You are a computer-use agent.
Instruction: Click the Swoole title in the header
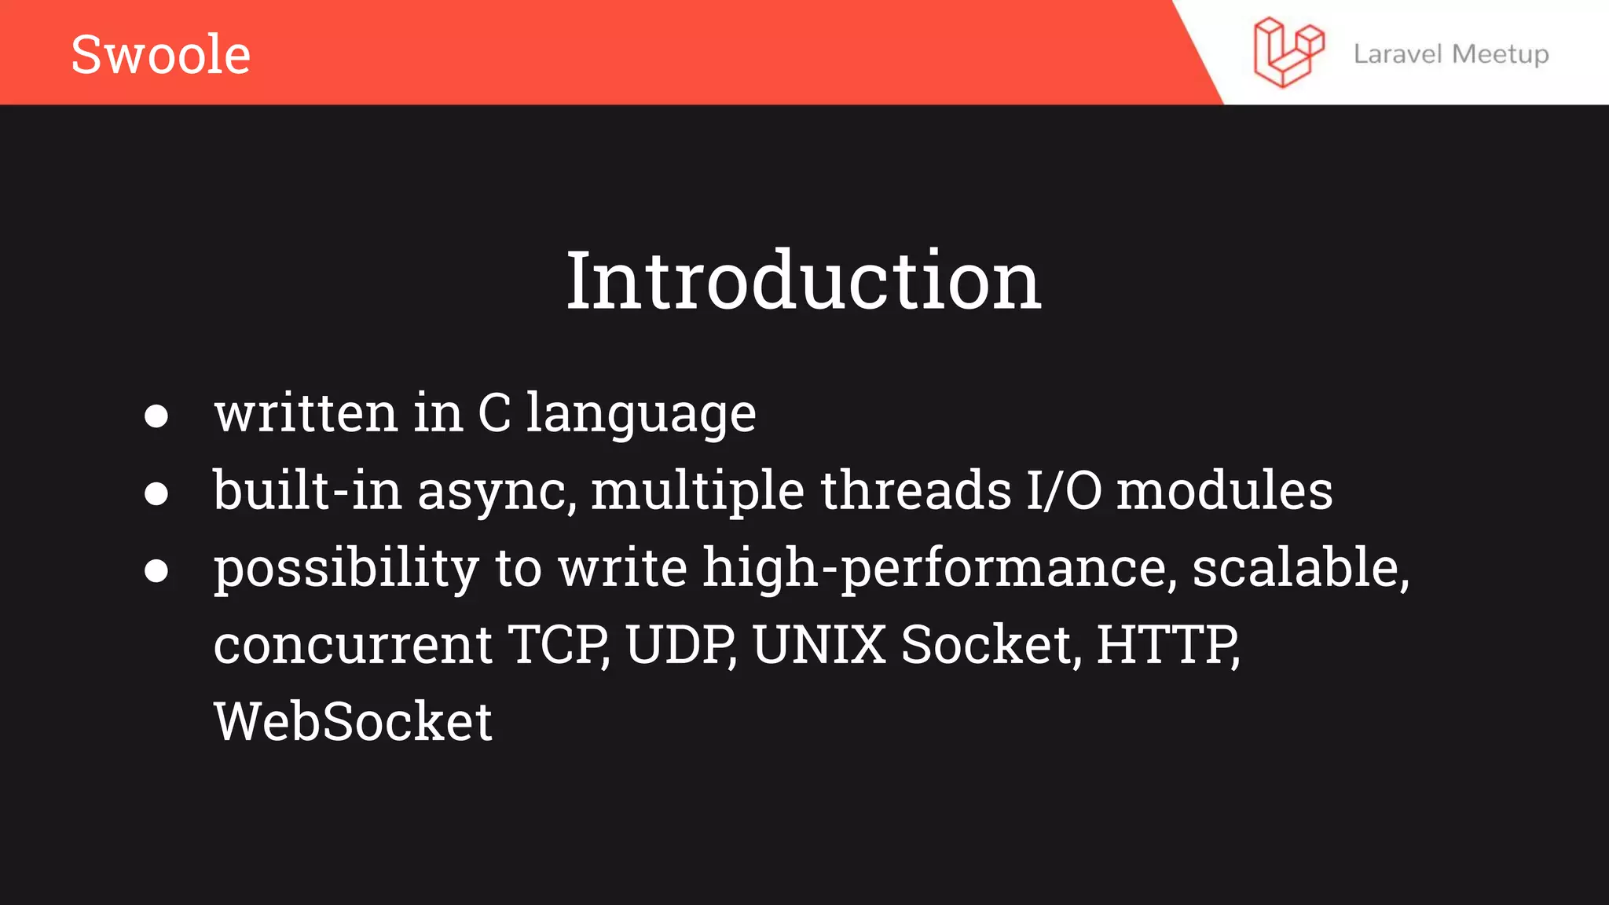pos(160,54)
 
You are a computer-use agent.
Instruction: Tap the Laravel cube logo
pos(1288,53)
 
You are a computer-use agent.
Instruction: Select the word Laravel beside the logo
pos(1397,54)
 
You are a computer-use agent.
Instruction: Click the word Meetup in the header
pos(1501,54)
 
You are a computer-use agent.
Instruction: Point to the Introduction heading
pos(804,280)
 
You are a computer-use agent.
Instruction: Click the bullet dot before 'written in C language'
pos(156,416)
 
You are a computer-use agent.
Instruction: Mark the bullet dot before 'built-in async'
pos(156,493)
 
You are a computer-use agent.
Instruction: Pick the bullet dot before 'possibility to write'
pos(156,570)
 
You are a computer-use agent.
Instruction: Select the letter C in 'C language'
pos(494,412)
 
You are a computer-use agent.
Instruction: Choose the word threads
pos(916,490)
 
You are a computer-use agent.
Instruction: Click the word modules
pos(1224,490)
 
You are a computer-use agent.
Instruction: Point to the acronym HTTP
pos(1167,645)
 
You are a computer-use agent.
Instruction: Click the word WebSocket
pos(353,721)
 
